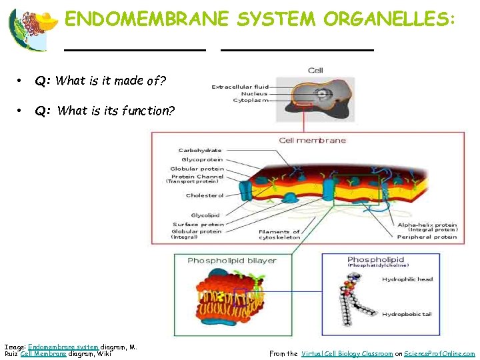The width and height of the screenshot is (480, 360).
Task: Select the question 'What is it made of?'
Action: (101, 81)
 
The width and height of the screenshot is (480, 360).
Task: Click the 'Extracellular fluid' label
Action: (240, 87)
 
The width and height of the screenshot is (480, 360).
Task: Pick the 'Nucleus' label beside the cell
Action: (255, 94)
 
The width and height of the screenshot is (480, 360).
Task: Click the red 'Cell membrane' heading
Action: (312, 140)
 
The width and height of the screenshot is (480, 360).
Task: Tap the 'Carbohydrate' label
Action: (200, 151)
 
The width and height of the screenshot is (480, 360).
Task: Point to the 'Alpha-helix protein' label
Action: (427, 225)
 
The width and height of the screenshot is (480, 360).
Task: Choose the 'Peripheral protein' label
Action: (427, 237)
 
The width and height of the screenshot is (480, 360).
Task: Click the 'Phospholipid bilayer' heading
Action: (231, 260)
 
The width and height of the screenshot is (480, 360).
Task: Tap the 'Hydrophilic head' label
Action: (407, 279)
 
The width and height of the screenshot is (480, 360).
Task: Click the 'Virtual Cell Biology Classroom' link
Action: (347, 354)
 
